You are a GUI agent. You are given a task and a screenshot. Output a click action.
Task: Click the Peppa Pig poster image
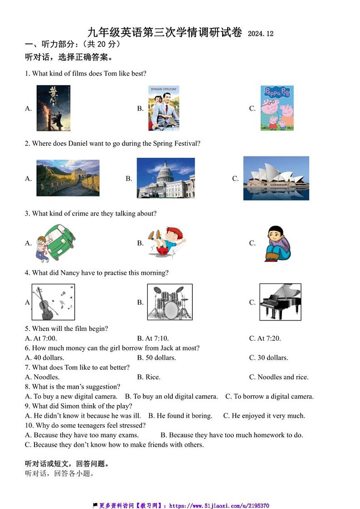tap(277, 108)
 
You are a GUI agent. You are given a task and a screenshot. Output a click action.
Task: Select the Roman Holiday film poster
tap(164, 108)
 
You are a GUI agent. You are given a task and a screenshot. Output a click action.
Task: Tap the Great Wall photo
tap(68, 178)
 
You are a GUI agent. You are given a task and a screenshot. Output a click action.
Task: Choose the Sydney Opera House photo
tap(276, 178)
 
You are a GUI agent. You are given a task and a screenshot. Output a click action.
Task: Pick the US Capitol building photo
tap(166, 178)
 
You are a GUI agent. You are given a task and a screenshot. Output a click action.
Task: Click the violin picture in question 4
tap(53, 302)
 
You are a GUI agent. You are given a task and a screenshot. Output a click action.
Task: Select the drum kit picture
tap(170, 302)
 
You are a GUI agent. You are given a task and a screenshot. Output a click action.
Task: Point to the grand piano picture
tap(280, 302)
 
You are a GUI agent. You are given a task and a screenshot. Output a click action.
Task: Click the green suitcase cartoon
tap(56, 243)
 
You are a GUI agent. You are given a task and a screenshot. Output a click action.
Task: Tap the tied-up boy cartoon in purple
tap(277, 243)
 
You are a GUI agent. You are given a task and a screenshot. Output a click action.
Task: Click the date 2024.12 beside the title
tap(261, 34)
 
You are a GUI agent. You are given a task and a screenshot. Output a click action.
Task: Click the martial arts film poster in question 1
tap(54, 108)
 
